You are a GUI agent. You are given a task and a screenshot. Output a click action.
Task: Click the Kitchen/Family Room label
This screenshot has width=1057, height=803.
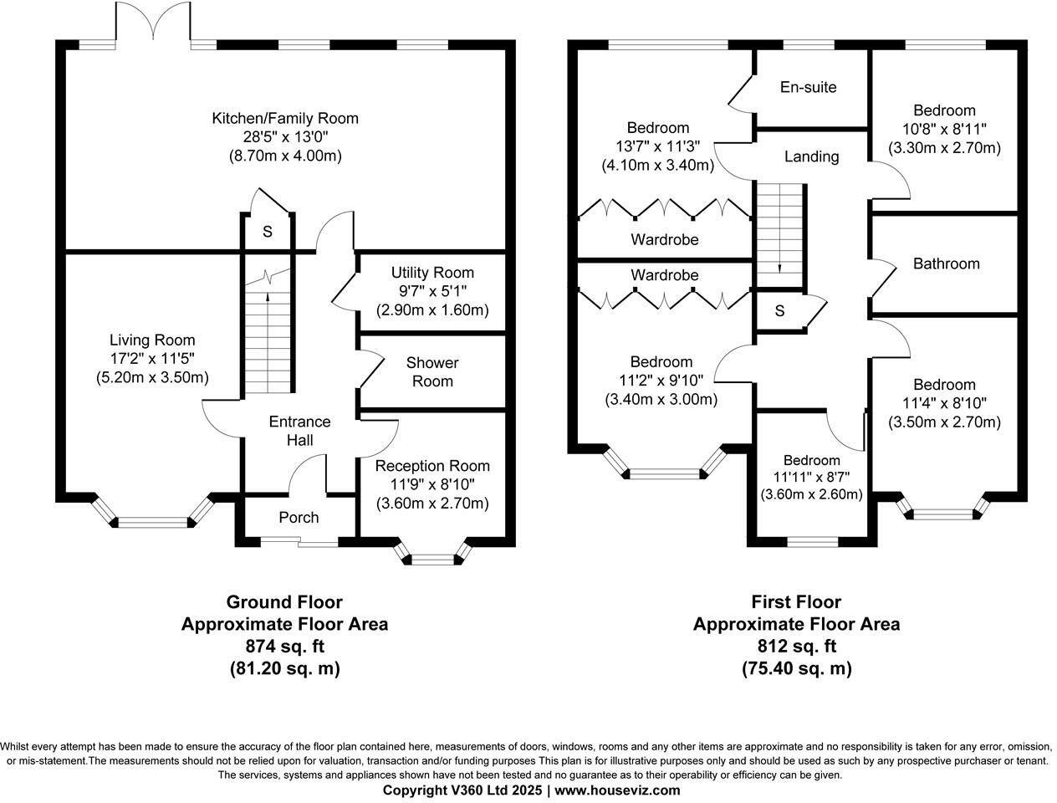[x=284, y=119]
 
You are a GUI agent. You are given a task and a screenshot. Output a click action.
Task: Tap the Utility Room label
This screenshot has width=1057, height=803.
[x=432, y=273]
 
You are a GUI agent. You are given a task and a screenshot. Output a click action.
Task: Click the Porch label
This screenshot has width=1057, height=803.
[x=299, y=518]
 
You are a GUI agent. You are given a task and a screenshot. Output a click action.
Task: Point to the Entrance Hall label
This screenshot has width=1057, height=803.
[x=299, y=431]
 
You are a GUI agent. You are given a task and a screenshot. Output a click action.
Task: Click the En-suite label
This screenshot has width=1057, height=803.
[x=808, y=87]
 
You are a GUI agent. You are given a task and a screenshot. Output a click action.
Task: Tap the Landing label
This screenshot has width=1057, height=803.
[x=811, y=156]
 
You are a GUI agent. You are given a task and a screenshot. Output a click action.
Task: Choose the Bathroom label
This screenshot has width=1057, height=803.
[x=946, y=263]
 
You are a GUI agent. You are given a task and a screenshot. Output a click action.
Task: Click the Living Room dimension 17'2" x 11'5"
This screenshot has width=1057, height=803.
[x=152, y=359]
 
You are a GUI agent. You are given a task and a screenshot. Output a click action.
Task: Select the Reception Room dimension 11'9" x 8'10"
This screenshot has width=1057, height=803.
[x=432, y=484]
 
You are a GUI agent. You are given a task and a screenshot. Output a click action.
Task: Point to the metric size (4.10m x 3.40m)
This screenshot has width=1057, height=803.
[x=657, y=166]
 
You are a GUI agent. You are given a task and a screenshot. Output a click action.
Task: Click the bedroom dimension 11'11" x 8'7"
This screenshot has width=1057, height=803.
[x=811, y=478]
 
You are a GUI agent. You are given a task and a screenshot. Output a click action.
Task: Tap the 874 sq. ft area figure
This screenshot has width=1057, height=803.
[x=284, y=647]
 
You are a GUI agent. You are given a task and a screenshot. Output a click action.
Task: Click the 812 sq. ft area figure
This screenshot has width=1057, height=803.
[x=796, y=647]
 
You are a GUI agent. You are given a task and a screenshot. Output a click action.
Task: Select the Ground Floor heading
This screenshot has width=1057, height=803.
[x=284, y=602]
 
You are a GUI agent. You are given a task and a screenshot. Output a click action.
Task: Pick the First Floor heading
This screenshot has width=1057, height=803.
[x=796, y=602]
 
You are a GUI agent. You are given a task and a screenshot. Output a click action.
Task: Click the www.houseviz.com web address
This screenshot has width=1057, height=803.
[x=617, y=790]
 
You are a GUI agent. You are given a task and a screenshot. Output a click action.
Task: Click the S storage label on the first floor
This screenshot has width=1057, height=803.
[x=779, y=311]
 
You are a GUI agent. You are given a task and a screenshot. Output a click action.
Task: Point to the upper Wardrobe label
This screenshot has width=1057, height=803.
[x=664, y=240]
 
